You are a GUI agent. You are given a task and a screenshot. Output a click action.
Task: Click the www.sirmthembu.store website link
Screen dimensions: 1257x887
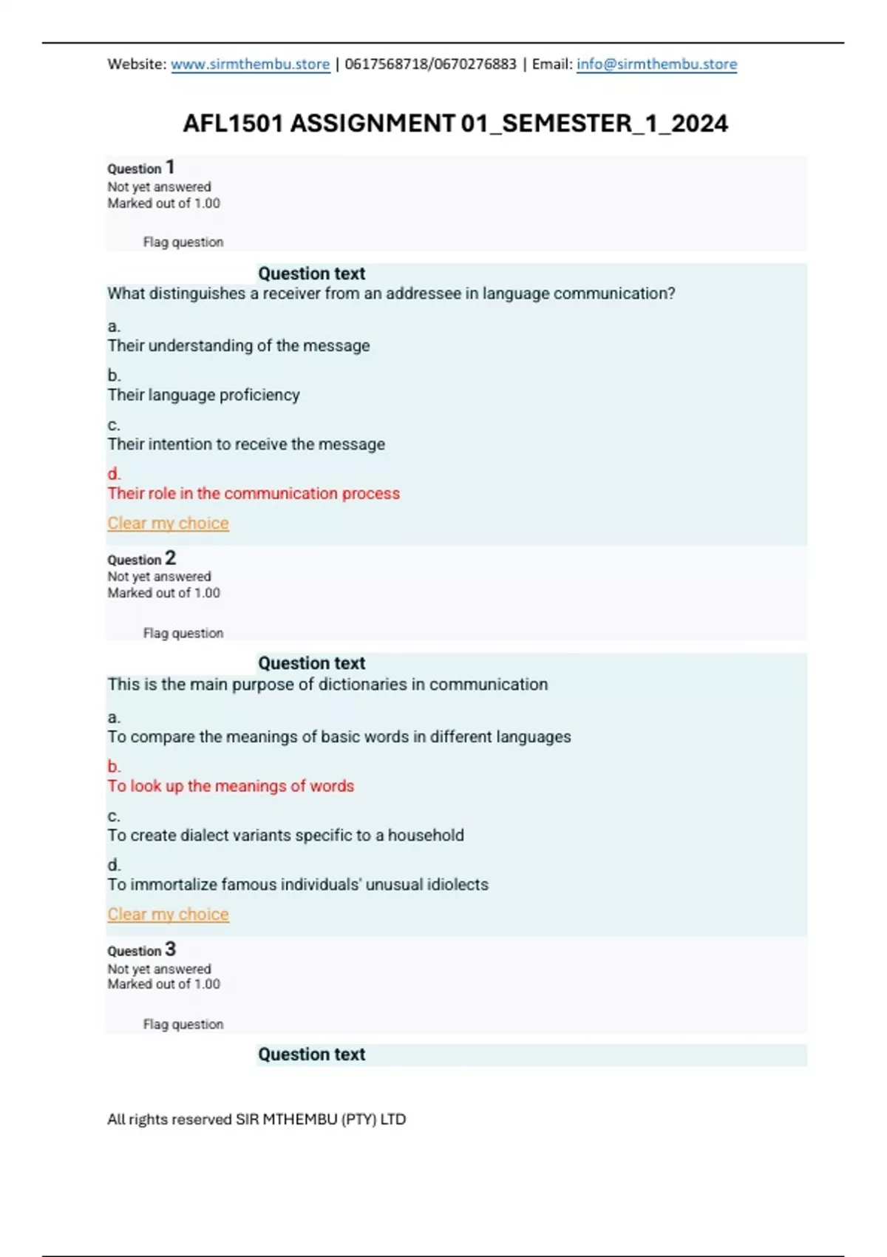coord(250,64)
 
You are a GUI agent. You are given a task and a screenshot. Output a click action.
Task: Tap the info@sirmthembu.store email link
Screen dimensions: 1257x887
coord(656,64)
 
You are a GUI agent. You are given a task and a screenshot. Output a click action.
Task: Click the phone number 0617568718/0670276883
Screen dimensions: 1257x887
coord(430,64)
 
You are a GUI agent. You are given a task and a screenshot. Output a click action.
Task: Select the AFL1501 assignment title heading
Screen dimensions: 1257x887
coord(455,123)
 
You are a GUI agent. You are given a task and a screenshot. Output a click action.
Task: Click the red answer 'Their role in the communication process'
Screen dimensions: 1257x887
coord(254,493)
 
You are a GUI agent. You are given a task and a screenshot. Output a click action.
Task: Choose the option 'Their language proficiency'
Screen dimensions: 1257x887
coord(203,395)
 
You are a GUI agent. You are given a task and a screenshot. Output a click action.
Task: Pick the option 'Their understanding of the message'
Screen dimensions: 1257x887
coord(238,345)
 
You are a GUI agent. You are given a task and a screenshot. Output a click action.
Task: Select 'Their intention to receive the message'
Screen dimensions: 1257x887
coord(246,444)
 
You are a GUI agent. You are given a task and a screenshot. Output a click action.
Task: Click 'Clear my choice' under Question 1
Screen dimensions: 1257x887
coord(168,524)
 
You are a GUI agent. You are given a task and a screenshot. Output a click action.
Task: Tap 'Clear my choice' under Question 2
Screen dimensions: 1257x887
coord(168,915)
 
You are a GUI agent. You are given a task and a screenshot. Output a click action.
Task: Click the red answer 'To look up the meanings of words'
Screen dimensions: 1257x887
coord(231,786)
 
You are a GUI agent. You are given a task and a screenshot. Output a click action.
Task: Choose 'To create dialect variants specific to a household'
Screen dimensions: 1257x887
coord(285,836)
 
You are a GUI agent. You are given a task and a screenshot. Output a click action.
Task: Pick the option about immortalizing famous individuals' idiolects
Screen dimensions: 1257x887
coord(297,884)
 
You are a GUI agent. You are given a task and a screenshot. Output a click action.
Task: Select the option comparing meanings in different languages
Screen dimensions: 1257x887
coord(339,737)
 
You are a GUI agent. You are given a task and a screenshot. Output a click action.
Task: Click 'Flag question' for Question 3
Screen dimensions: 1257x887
coord(183,1024)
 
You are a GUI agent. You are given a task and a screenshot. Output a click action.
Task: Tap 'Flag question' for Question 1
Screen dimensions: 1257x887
coord(183,243)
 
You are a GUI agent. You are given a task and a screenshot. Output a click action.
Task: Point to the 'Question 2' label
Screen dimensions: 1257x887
coord(141,559)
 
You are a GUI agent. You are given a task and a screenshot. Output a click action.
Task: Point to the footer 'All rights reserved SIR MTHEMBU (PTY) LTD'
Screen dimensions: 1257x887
coord(256,1119)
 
